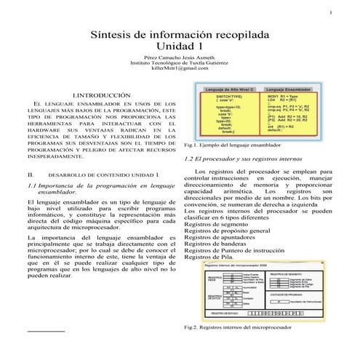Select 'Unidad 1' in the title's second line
click(x=180, y=49)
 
